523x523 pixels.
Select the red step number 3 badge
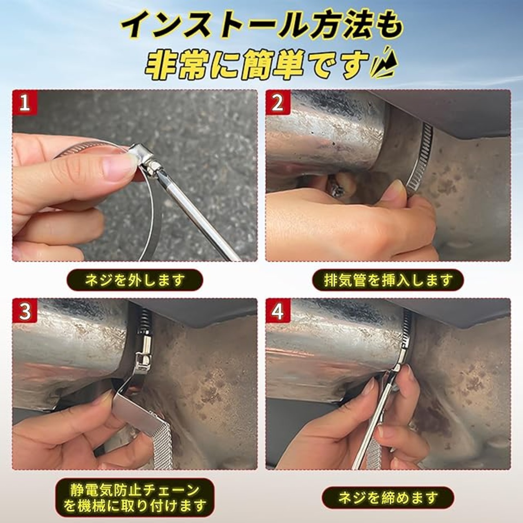(x=25, y=311)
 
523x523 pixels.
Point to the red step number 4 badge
(x=277, y=311)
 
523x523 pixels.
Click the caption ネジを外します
(x=134, y=280)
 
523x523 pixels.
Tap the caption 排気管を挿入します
(x=388, y=280)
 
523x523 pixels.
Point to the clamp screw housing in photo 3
(x=142, y=353)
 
